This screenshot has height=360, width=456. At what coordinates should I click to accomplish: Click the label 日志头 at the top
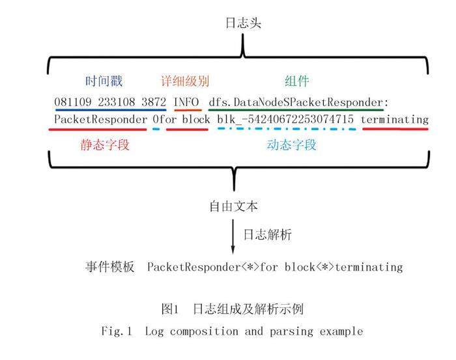tap(244, 23)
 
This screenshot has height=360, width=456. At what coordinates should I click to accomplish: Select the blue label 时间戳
tap(104, 81)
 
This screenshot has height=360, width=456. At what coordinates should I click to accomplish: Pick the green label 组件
tap(296, 81)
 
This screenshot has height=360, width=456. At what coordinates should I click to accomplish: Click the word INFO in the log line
tap(188, 102)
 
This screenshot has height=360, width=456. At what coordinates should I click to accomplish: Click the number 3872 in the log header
tap(154, 102)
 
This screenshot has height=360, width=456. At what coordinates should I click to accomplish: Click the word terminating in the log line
tap(395, 120)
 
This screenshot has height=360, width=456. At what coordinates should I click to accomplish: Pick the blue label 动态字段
tap(291, 145)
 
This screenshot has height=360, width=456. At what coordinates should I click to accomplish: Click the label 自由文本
tap(233, 207)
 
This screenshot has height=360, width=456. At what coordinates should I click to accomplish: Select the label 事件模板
tap(109, 267)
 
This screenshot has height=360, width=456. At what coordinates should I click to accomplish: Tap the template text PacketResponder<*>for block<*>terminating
tap(275, 267)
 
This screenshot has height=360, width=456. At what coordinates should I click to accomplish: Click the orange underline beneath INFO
tap(188, 110)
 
